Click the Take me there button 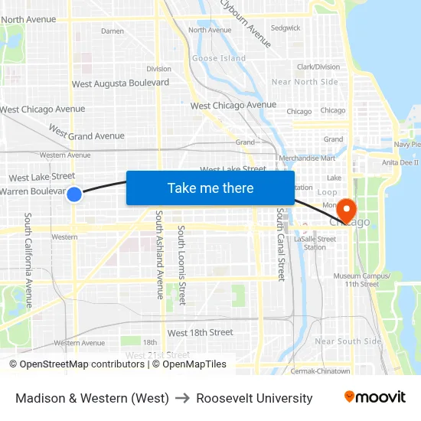point(210,188)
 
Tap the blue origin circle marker point(74,194)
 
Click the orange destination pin point(346,209)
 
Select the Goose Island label point(219,58)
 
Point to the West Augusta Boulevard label point(120,83)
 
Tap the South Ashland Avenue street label point(160,254)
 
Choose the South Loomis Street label point(181,264)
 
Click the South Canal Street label point(280,245)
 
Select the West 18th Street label point(200,333)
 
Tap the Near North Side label point(305,82)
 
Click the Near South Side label point(348,341)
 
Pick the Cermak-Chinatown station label point(320,371)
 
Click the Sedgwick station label point(286,28)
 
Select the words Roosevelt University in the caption point(254,398)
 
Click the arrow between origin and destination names point(182,398)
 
